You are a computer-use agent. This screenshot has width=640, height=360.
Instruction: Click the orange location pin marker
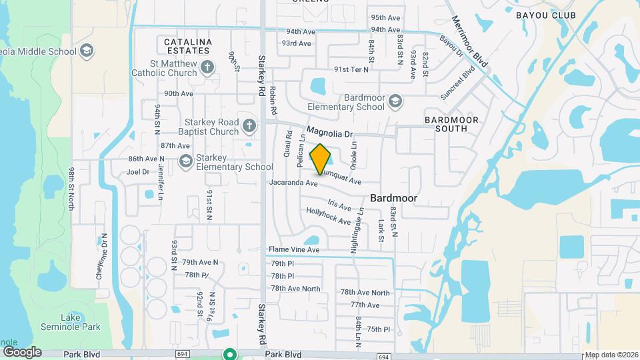[x=321, y=159]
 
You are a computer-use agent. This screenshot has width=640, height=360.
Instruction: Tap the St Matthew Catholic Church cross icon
[x=207, y=67]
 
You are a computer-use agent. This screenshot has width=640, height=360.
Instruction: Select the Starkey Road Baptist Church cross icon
[x=249, y=125]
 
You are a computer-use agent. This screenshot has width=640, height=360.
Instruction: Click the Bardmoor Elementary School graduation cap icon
[x=395, y=101]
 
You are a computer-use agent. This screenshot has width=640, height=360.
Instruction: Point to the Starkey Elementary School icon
[x=185, y=161]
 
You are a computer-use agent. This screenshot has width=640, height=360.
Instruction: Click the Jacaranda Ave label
[x=293, y=182]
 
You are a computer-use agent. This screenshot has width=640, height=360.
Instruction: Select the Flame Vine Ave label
[x=294, y=249]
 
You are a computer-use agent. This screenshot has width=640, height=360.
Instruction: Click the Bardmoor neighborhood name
[x=393, y=198]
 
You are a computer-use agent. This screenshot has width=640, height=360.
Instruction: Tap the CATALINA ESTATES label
[x=188, y=47]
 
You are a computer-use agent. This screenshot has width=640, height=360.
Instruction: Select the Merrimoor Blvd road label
[x=470, y=41]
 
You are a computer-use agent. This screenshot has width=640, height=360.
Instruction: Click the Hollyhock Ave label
[x=328, y=216]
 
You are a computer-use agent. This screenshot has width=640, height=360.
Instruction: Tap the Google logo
[x=22, y=351]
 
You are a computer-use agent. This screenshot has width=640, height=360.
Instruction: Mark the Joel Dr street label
[x=137, y=171]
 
